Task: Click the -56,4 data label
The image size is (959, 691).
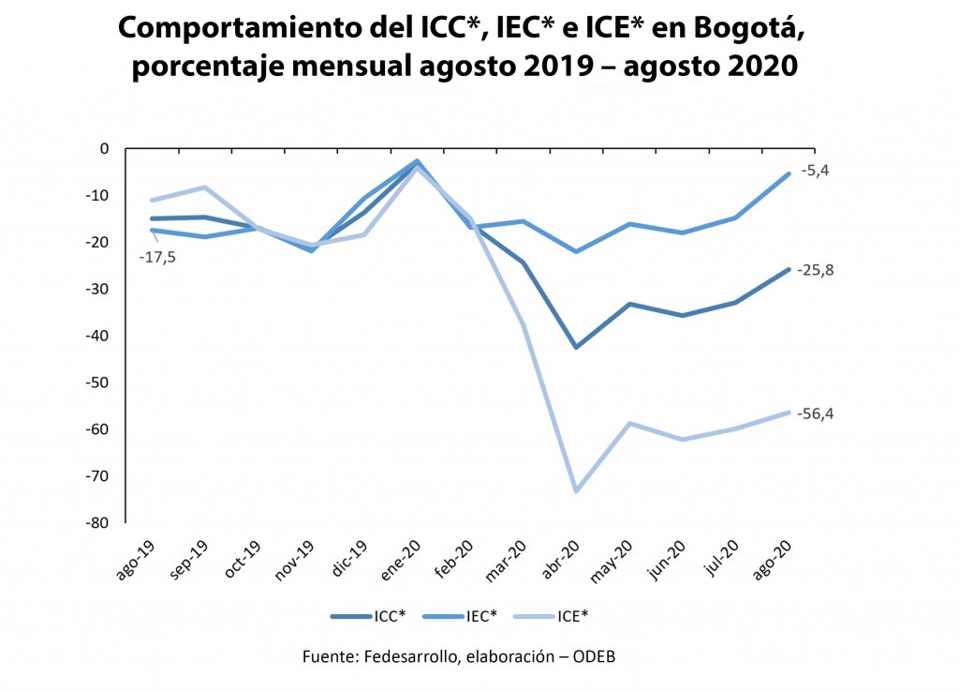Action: [x=817, y=413]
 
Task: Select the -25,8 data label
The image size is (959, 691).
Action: [x=817, y=270]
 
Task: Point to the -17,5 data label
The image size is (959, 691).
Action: [x=159, y=255]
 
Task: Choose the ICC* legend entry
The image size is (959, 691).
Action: [x=388, y=616]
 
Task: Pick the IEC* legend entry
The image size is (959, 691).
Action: [x=480, y=616]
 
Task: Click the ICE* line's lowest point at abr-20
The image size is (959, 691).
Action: [x=576, y=491]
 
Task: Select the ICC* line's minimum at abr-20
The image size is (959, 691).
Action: [x=576, y=347]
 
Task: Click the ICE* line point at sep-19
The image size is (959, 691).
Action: [x=205, y=188]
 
